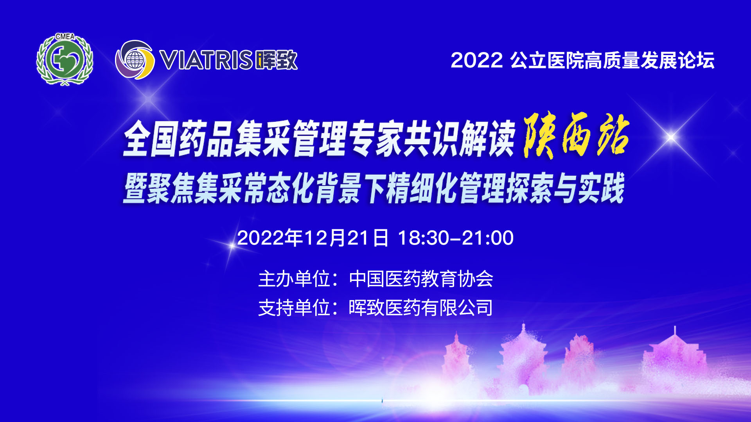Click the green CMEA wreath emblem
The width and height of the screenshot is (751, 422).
pyautogui.click(x=65, y=59)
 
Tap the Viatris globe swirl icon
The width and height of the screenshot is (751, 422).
pyautogui.click(x=135, y=60)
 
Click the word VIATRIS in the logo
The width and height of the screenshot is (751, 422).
pyautogui.click(x=206, y=60)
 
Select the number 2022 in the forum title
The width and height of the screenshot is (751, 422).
pyautogui.click(x=476, y=60)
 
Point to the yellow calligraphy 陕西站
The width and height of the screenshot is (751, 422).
pyautogui.click(x=576, y=135)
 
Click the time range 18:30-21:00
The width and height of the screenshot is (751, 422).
pyautogui.click(x=456, y=238)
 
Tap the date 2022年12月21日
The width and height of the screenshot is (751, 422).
pyautogui.click(x=313, y=238)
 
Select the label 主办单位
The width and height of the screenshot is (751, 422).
pyautogui.click(x=294, y=279)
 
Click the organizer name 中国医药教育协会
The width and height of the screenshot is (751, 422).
pyautogui.click(x=421, y=279)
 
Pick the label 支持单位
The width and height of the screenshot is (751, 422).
pyautogui.click(x=294, y=308)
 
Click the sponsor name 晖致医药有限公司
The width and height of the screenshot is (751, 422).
pyautogui.click(x=421, y=308)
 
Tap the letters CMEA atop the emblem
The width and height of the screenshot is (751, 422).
pyautogui.click(x=65, y=36)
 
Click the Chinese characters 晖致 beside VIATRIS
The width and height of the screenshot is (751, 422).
pyautogui.click(x=276, y=60)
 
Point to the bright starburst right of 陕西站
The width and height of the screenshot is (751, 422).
pyautogui.click(x=671, y=137)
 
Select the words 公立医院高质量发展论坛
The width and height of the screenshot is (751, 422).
pyautogui.click(x=613, y=60)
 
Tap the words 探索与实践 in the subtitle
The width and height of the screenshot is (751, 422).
pyautogui.click(x=565, y=188)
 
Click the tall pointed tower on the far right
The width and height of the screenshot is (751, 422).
pyautogui.click(x=674, y=359)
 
